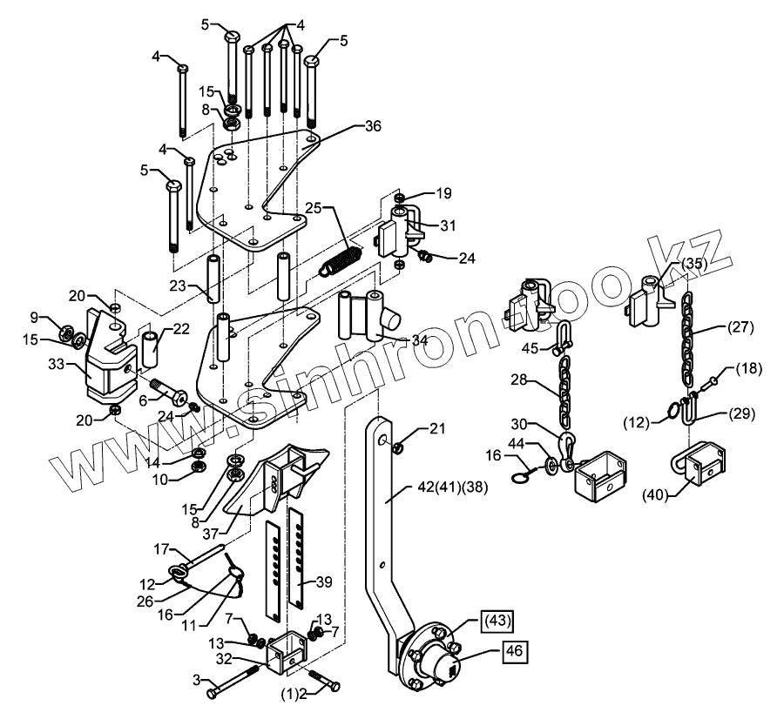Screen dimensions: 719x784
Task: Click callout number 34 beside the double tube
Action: [420, 340]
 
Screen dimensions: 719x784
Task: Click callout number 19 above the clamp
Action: [444, 192]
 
